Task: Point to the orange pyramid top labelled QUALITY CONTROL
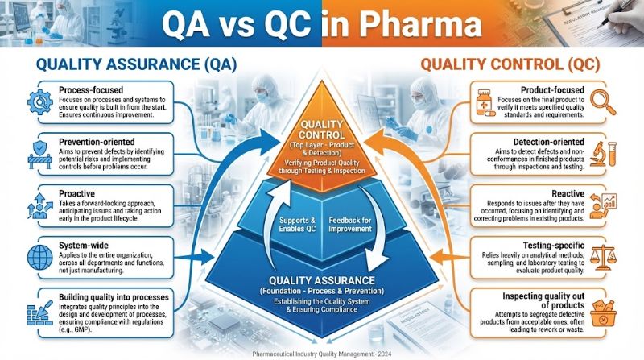(x=322, y=137)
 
